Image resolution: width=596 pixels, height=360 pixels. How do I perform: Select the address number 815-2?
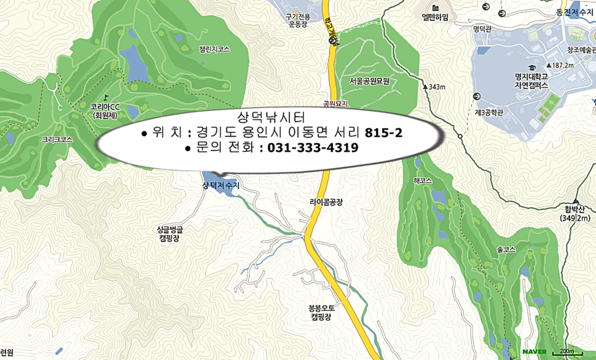point(384,133)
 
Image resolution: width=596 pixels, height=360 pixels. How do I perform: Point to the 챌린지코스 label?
point(214,49)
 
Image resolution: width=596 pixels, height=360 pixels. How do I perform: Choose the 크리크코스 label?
point(57,140)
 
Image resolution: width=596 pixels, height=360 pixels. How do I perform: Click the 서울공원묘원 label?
point(369,81)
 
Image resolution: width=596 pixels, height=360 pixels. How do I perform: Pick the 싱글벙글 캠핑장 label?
point(173,233)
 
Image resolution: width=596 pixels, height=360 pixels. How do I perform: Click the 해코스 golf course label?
point(422,181)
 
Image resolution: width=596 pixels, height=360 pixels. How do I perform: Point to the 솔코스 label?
point(506,249)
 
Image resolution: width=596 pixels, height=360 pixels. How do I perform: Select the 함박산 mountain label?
point(574,214)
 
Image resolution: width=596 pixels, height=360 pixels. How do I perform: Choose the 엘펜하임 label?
point(435,17)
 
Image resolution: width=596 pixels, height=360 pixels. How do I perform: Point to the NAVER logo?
point(534,352)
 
